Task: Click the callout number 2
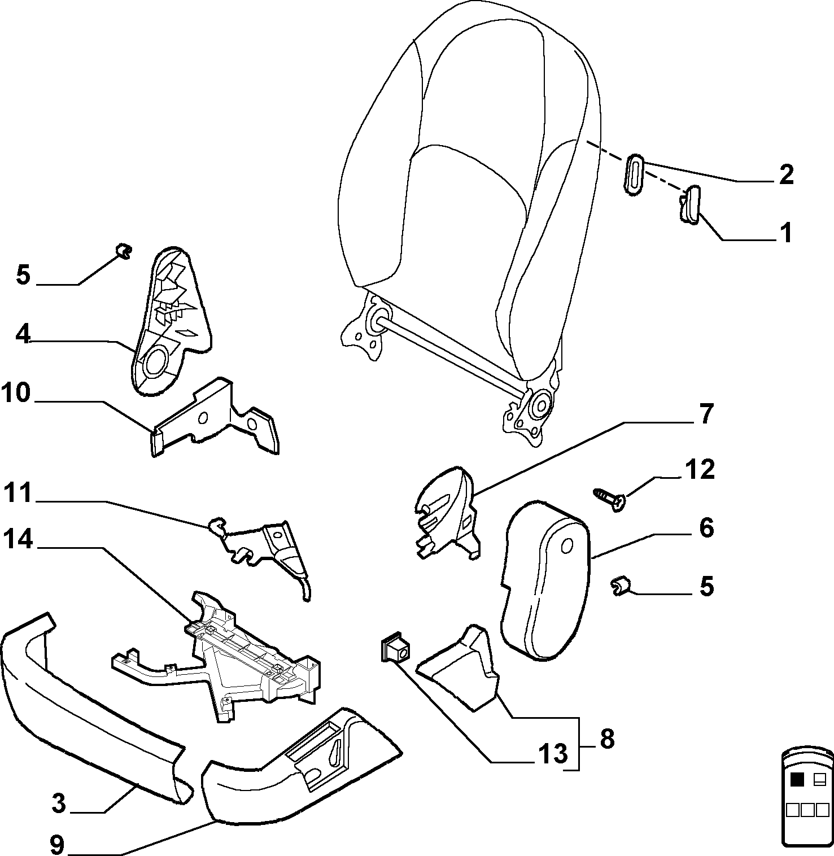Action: pyautogui.click(x=785, y=174)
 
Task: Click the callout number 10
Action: pyautogui.click(x=16, y=393)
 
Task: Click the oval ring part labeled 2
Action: pyautogui.click(x=635, y=173)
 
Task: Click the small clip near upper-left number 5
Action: pyautogui.click(x=122, y=250)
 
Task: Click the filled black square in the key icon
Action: pyautogui.click(x=797, y=780)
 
